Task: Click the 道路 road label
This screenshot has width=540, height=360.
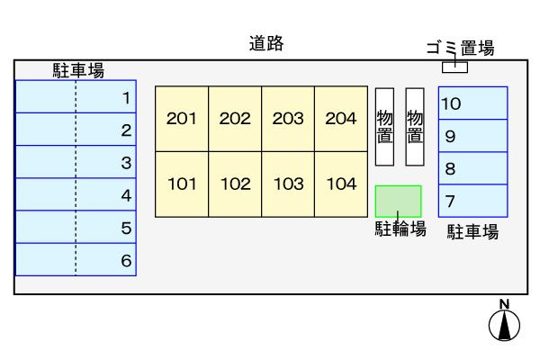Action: [x=266, y=44]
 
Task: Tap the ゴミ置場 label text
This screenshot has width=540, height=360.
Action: [x=461, y=48]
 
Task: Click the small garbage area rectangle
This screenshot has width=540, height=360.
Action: [x=454, y=67]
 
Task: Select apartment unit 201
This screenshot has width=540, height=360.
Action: [x=182, y=119]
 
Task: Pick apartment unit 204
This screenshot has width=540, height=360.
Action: [x=341, y=119]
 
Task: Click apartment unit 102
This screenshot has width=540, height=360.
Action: [x=235, y=184]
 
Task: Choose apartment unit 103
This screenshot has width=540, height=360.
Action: [x=288, y=184]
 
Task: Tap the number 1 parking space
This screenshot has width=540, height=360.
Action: [x=76, y=97]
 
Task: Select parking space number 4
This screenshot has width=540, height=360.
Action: [x=76, y=194]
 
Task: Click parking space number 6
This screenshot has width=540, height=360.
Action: [x=76, y=260]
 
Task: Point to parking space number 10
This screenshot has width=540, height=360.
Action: [x=472, y=103]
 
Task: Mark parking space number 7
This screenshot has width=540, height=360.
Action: [x=472, y=201]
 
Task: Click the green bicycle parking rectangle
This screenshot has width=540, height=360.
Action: [x=398, y=202]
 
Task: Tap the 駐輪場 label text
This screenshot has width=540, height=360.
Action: [x=400, y=229]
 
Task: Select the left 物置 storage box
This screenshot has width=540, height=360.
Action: [x=384, y=127]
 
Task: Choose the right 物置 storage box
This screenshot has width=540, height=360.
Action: [x=415, y=127]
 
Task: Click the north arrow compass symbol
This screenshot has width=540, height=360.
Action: [x=504, y=325]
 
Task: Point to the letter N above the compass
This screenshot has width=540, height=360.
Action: [x=504, y=304]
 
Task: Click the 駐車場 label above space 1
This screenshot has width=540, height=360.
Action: [x=78, y=70]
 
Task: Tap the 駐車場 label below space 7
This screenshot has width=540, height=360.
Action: [x=472, y=231]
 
